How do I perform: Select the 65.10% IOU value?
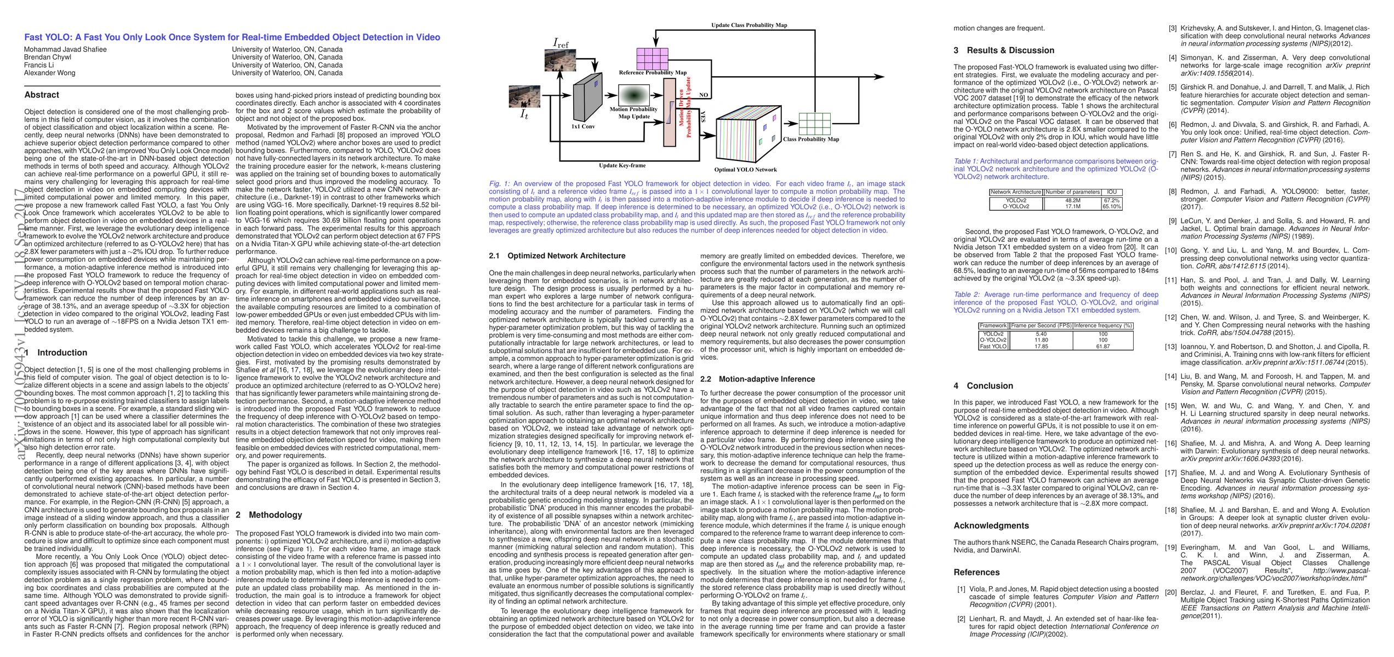1112,206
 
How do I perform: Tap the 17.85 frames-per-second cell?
1041,347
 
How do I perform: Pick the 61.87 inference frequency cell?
1102,347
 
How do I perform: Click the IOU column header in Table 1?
1112,192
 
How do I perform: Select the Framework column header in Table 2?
993,326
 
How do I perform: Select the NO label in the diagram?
704,95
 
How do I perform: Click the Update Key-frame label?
622,165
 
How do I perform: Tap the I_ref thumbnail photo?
560,60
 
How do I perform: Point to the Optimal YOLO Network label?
745,170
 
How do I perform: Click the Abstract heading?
42,95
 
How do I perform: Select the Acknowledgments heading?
991,526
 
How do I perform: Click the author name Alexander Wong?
50,73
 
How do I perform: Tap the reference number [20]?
1170,592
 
